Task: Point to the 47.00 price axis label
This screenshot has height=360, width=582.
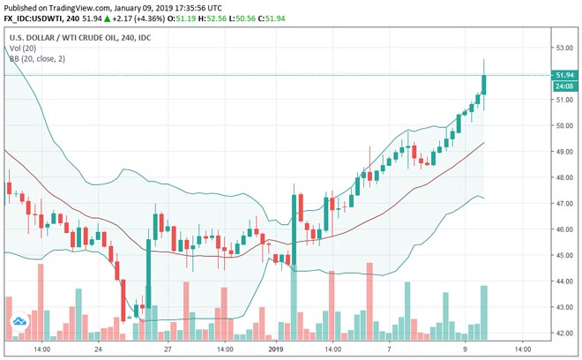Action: coord(560,204)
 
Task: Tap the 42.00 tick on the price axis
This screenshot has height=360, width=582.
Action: coord(560,333)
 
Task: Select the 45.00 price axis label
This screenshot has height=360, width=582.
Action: coord(560,255)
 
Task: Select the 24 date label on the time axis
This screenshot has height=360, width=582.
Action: coord(97,349)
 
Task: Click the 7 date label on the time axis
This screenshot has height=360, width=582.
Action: coord(389,349)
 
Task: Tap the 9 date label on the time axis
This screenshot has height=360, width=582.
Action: coord(466,349)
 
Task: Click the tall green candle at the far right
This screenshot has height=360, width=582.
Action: coord(484,85)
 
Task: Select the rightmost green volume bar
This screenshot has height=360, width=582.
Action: coord(484,311)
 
